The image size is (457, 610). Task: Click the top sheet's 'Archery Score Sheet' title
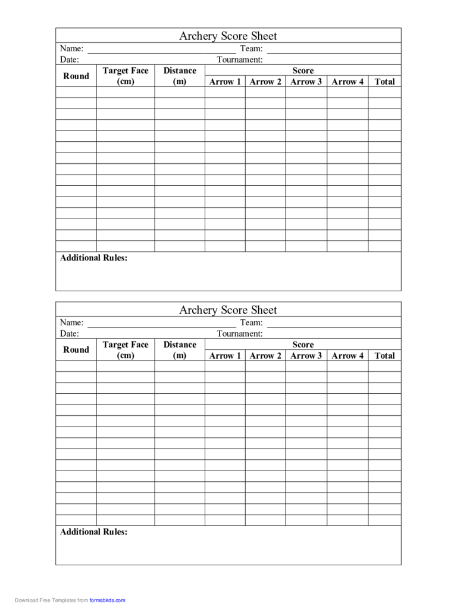point(228,36)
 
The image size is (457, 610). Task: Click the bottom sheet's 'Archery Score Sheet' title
point(228,310)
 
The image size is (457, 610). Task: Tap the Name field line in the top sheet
point(161,52)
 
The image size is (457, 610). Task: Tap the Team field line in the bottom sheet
point(333,326)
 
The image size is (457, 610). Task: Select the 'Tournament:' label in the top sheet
point(239,60)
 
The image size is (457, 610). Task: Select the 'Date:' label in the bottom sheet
point(70,334)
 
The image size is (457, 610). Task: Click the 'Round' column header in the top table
point(76,76)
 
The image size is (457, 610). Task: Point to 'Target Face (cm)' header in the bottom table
point(126,350)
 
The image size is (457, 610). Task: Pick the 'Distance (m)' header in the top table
point(180,76)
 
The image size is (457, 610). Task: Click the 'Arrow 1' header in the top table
point(225,82)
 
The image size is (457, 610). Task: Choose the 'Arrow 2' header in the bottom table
point(265,356)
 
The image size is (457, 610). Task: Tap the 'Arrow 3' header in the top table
point(306,82)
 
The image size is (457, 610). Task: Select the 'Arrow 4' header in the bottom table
point(348,356)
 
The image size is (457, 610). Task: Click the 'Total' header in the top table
point(384,82)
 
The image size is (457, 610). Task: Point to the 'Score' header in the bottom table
point(303,344)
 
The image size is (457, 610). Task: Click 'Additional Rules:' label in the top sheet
point(93,258)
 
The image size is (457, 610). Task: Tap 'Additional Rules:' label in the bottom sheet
point(93,532)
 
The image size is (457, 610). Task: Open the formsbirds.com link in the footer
point(108,600)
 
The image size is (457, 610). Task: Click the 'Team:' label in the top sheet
point(251,48)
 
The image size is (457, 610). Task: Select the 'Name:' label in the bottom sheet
point(71,322)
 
